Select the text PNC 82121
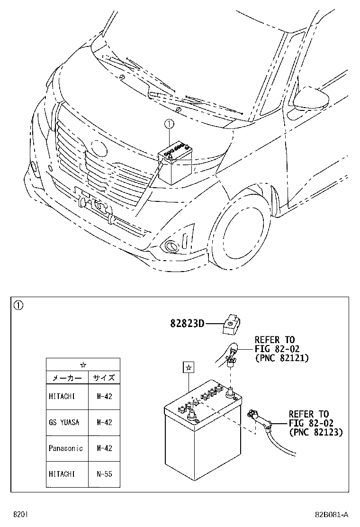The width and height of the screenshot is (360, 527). coord(281,358)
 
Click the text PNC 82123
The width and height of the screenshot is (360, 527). coord(315,432)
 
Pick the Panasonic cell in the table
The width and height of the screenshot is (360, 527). coord(66,448)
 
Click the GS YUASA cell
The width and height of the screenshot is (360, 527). coord(64,422)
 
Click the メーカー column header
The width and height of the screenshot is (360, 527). coord(67,378)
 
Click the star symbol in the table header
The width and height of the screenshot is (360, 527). coord(83,364)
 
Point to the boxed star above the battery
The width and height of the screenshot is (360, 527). coord(188,367)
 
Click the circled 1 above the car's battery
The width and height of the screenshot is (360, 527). coord(169,125)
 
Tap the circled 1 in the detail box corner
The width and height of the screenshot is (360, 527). coord(18,305)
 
